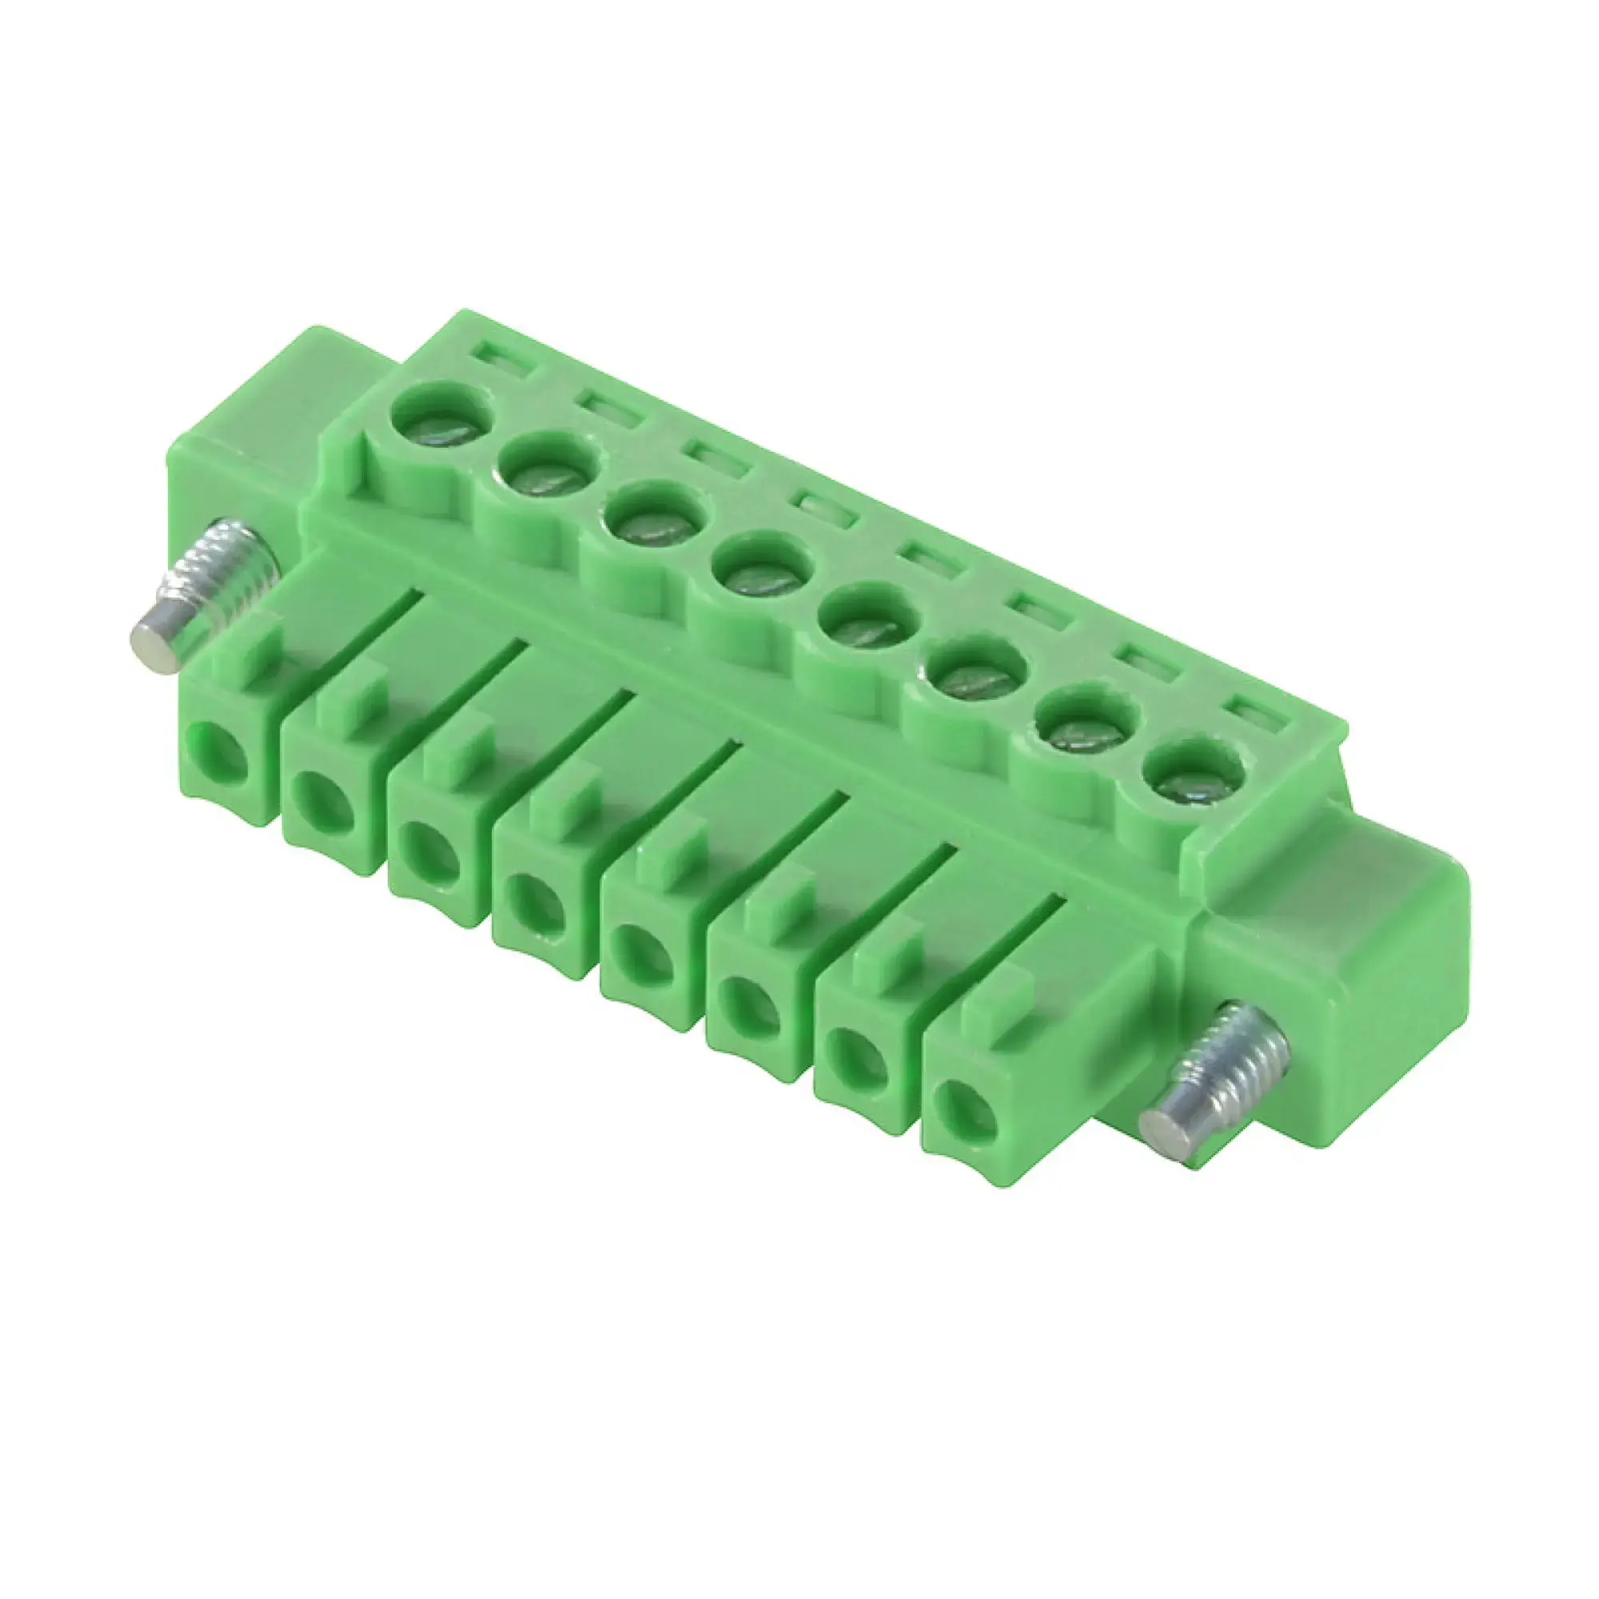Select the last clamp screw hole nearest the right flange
coord(1193,774)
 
